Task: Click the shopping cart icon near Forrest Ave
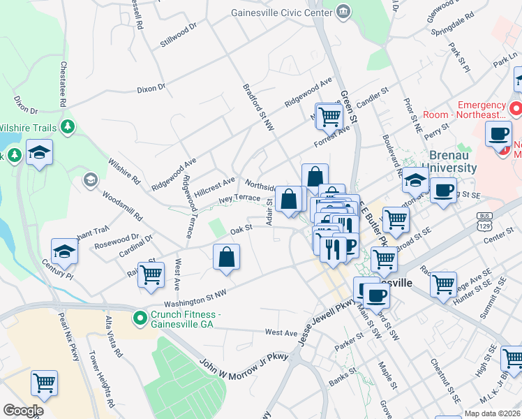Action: coord(329,117)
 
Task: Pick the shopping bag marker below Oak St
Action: coord(227,257)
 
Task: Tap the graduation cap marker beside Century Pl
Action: coord(64,251)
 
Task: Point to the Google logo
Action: coord(22,411)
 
